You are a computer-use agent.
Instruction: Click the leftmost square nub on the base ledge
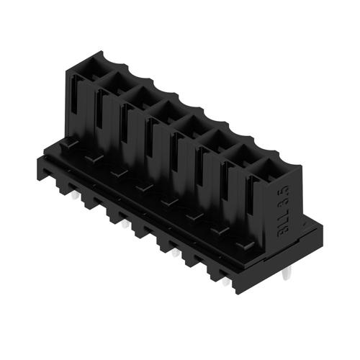coord(69,145)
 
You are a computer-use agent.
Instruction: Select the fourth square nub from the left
coord(145,188)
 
